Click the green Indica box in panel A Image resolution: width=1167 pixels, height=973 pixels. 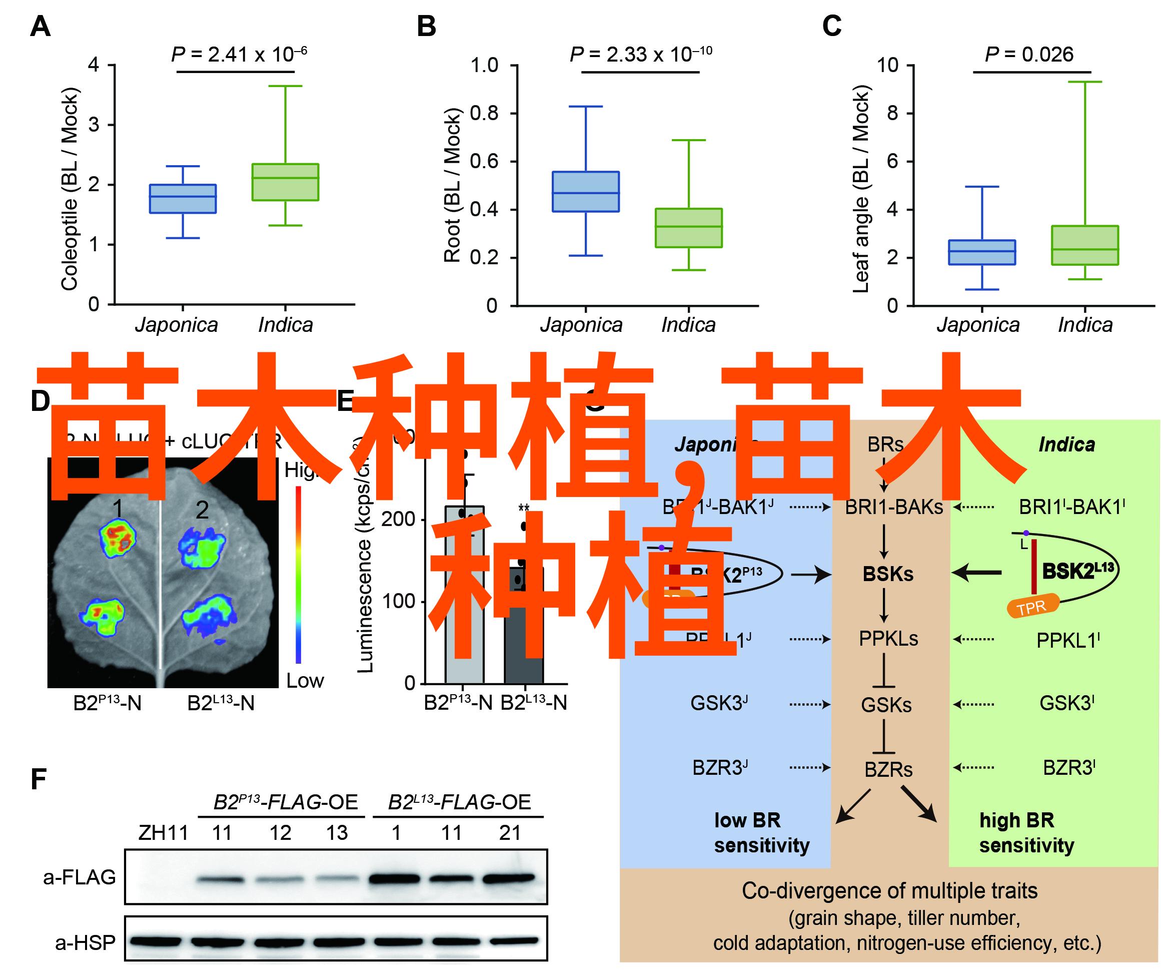285,182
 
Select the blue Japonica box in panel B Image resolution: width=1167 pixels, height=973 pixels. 585,191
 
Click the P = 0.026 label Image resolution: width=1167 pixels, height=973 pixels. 1028,55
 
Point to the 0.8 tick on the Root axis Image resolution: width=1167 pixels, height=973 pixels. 484,114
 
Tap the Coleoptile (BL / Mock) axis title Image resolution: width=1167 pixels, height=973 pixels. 70,189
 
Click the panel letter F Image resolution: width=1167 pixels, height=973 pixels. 38,779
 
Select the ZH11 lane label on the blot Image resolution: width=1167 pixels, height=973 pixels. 163,833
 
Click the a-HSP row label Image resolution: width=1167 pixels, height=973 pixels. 85,942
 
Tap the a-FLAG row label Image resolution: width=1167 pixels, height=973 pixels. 80,877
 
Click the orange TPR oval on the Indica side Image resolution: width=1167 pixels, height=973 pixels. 1032,607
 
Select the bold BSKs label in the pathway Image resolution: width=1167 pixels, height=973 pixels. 887,574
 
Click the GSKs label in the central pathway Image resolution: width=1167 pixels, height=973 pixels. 886,705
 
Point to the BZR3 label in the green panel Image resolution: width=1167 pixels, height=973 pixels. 1068,768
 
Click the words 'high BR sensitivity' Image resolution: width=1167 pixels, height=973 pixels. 1026,832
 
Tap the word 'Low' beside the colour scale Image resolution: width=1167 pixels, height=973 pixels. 305,681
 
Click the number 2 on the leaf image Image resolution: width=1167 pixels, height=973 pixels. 202,510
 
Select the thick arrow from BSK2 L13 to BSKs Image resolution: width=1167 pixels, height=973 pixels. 977,572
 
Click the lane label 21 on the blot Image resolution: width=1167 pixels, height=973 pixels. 510,833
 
